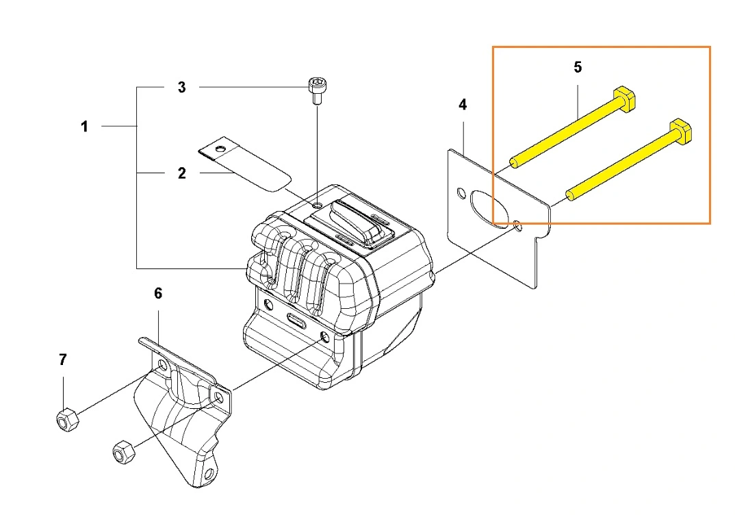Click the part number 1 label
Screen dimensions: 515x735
point(84,127)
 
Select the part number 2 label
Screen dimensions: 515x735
point(181,173)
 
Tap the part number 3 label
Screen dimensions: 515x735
point(181,88)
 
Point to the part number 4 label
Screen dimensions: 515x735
point(463,105)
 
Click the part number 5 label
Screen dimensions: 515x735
point(578,67)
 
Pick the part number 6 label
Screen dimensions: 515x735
point(158,294)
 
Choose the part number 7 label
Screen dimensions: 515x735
point(63,360)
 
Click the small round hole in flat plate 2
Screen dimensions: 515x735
point(219,149)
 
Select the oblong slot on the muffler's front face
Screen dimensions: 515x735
point(298,319)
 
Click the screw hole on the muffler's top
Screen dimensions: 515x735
point(316,205)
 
